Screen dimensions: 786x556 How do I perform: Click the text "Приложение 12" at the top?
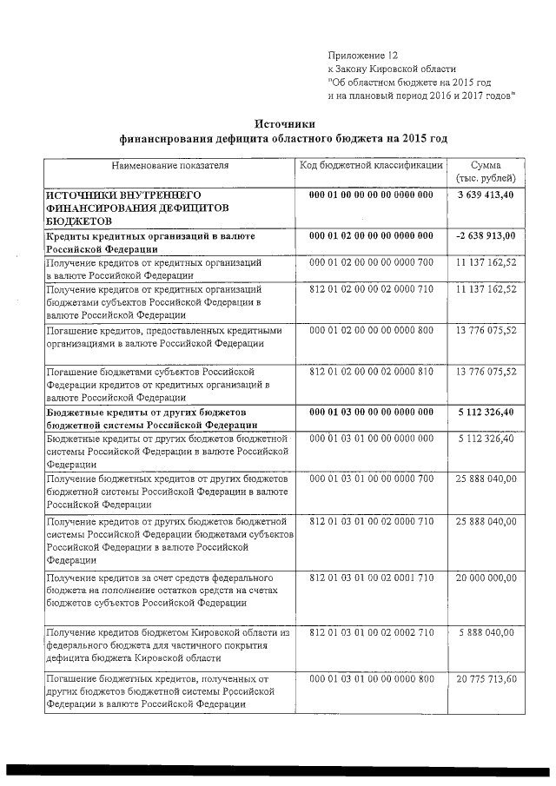(x=362, y=54)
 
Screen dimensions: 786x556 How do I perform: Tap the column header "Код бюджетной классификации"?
(x=372, y=165)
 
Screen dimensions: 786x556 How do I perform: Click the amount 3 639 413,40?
(x=486, y=195)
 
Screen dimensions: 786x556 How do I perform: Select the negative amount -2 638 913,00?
(x=485, y=235)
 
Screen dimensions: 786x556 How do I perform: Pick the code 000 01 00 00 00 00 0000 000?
(x=371, y=195)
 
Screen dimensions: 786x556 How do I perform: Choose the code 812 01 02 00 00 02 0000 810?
(x=371, y=371)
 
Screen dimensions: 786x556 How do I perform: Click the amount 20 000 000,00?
(x=486, y=578)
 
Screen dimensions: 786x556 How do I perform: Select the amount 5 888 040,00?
(x=486, y=632)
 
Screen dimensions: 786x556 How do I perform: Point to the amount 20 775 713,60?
(x=486, y=677)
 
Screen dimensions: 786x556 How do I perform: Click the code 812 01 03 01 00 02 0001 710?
(x=371, y=578)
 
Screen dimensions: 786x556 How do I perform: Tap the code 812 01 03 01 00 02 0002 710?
(x=371, y=632)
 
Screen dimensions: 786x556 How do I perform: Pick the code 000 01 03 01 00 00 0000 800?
(x=371, y=677)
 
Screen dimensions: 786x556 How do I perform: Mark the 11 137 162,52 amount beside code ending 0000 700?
(x=486, y=261)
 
